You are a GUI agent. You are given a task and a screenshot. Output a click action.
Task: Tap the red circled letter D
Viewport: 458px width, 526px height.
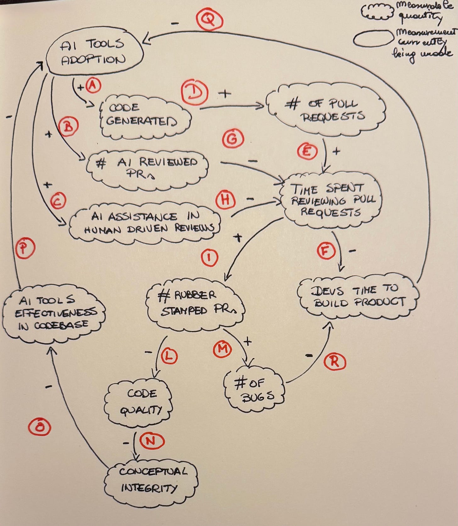point(194,93)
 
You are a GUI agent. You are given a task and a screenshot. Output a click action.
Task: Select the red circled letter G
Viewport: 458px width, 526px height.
point(232,139)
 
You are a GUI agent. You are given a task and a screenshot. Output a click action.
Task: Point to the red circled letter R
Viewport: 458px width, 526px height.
point(334,362)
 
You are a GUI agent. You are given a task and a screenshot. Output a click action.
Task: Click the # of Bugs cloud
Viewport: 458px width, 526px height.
point(253,389)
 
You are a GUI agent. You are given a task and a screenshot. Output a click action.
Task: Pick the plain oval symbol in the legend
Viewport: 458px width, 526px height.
point(373,39)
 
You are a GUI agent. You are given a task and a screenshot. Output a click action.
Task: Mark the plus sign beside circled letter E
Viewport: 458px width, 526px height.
point(336,152)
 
